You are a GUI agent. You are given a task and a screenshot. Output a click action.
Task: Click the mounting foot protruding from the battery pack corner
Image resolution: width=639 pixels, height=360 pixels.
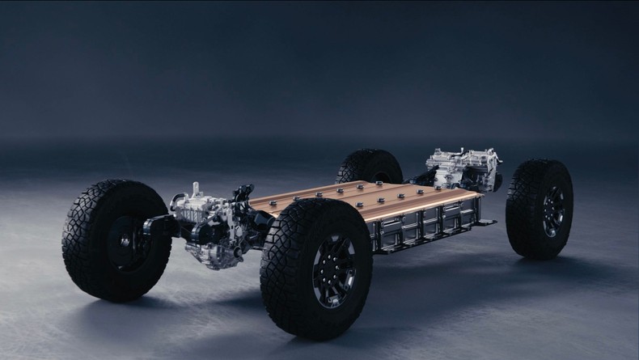click(485, 222)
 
